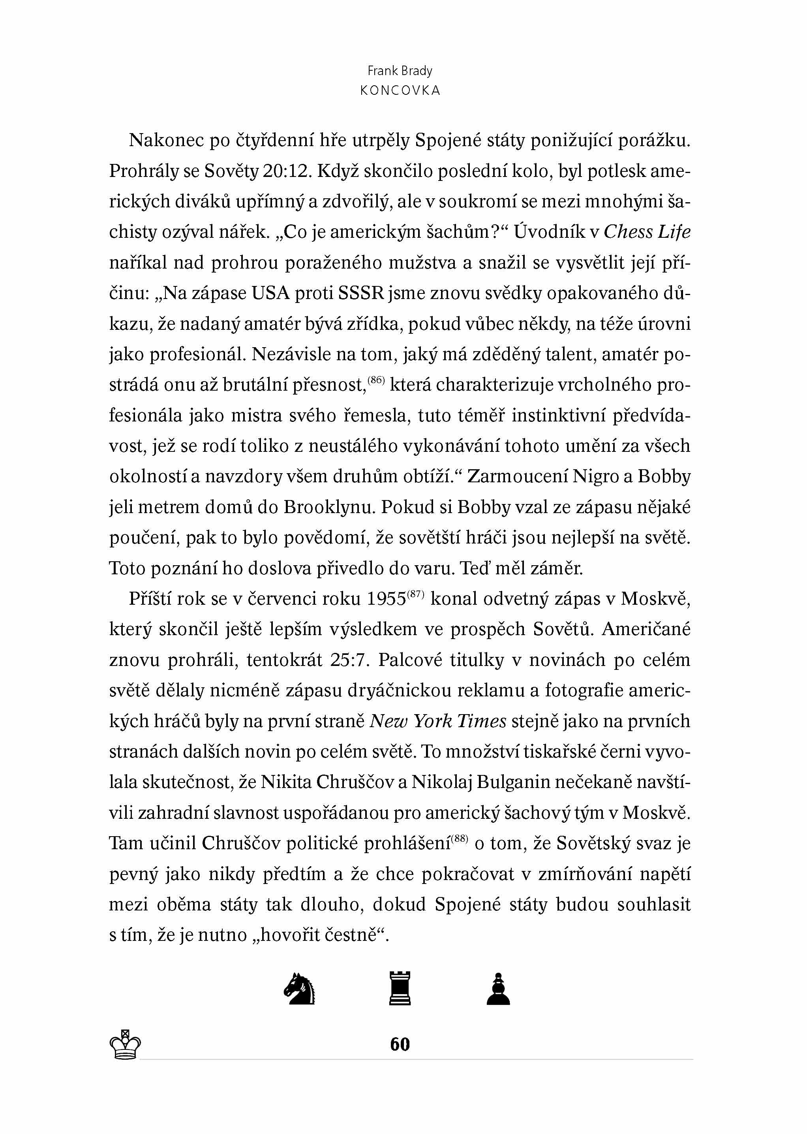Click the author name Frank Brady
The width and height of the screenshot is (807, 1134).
point(400,71)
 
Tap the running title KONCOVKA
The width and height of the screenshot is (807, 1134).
point(400,90)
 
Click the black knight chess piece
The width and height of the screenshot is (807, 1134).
point(300,988)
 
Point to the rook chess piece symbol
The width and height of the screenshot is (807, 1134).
point(400,988)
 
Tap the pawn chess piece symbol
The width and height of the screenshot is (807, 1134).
point(498,988)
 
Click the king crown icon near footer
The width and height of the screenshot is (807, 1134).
point(125,1044)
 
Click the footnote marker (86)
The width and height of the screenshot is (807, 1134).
point(376,380)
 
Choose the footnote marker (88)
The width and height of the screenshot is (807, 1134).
point(460,838)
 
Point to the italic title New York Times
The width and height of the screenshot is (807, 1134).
point(438,721)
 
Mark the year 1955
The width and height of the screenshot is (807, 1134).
point(386,599)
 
